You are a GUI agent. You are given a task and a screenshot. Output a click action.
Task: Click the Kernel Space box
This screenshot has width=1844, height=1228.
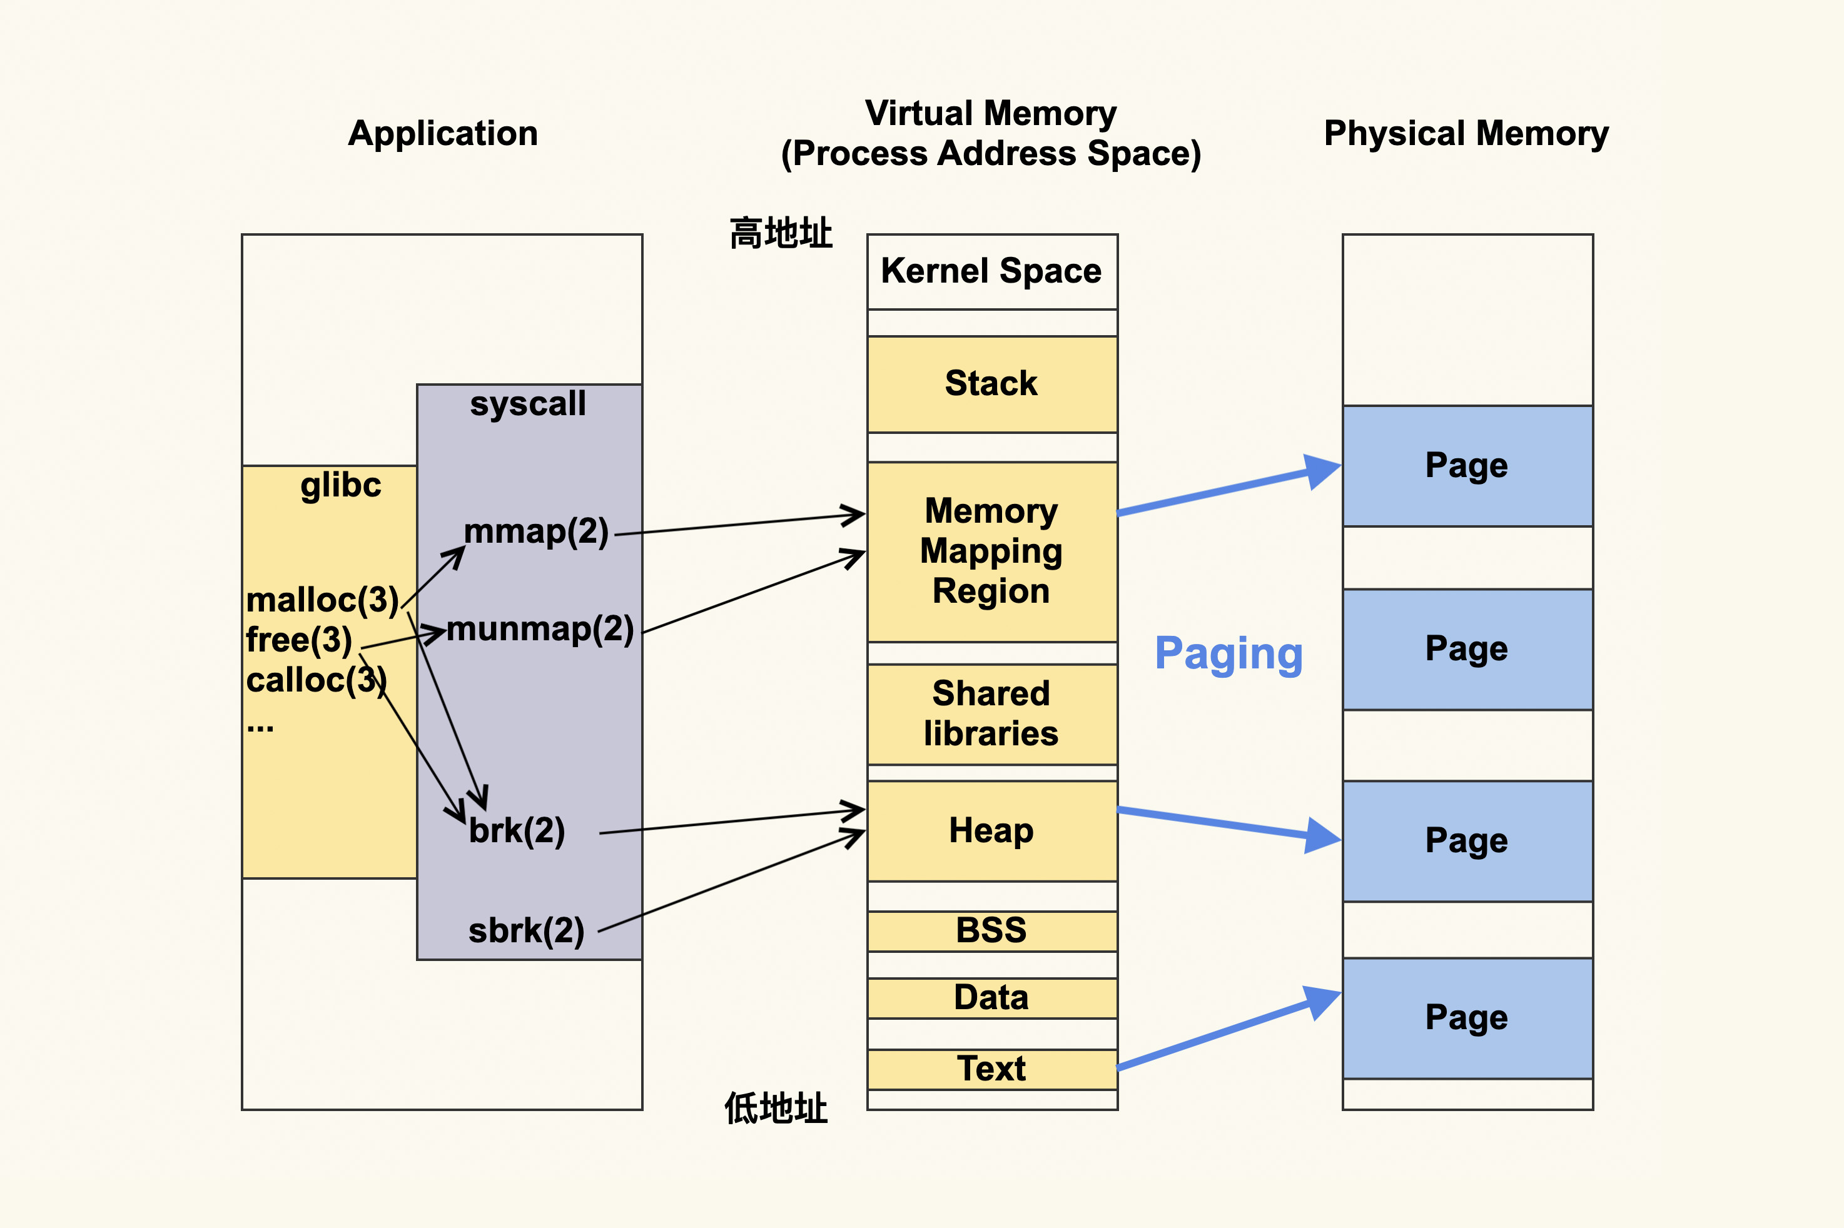pyautogui.click(x=991, y=271)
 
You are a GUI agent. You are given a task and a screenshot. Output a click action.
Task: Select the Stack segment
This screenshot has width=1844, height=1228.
pyautogui.click(x=991, y=384)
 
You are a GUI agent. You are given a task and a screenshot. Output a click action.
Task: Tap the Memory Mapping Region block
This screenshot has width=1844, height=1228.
pyautogui.click(x=991, y=551)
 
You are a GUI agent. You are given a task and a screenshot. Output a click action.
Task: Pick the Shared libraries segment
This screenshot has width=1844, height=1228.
pyautogui.click(x=991, y=713)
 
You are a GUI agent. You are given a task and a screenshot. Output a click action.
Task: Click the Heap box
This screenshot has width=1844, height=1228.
pyautogui.click(x=991, y=831)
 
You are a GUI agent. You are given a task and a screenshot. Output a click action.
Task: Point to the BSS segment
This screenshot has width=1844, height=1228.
pyautogui.click(x=991, y=930)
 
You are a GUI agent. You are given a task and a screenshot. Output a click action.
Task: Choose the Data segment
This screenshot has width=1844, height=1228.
pyautogui.click(x=991, y=998)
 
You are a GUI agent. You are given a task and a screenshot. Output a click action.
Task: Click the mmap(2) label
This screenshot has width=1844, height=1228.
pyautogui.click(x=537, y=531)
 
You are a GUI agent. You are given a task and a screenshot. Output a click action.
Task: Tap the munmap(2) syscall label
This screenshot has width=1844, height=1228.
pyautogui.click(x=540, y=629)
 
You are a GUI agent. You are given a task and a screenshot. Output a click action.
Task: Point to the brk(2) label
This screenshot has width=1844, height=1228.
pyautogui.click(x=517, y=831)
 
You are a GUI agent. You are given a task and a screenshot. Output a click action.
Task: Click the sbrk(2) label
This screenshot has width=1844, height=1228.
pyautogui.click(x=527, y=931)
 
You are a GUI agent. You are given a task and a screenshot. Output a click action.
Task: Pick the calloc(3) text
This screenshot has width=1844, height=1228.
pyautogui.click(x=317, y=680)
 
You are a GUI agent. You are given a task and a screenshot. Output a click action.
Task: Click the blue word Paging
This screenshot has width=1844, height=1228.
pyautogui.click(x=1228, y=654)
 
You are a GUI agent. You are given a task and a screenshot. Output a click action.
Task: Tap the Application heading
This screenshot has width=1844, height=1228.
pyautogui.click(x=443, y=133)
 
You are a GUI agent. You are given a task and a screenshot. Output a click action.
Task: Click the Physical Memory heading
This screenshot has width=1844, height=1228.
pyautogui.click(x=1466, y=133)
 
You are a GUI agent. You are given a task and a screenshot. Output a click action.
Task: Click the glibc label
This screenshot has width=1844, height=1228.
pyautogui.click(x=341, y=486)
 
